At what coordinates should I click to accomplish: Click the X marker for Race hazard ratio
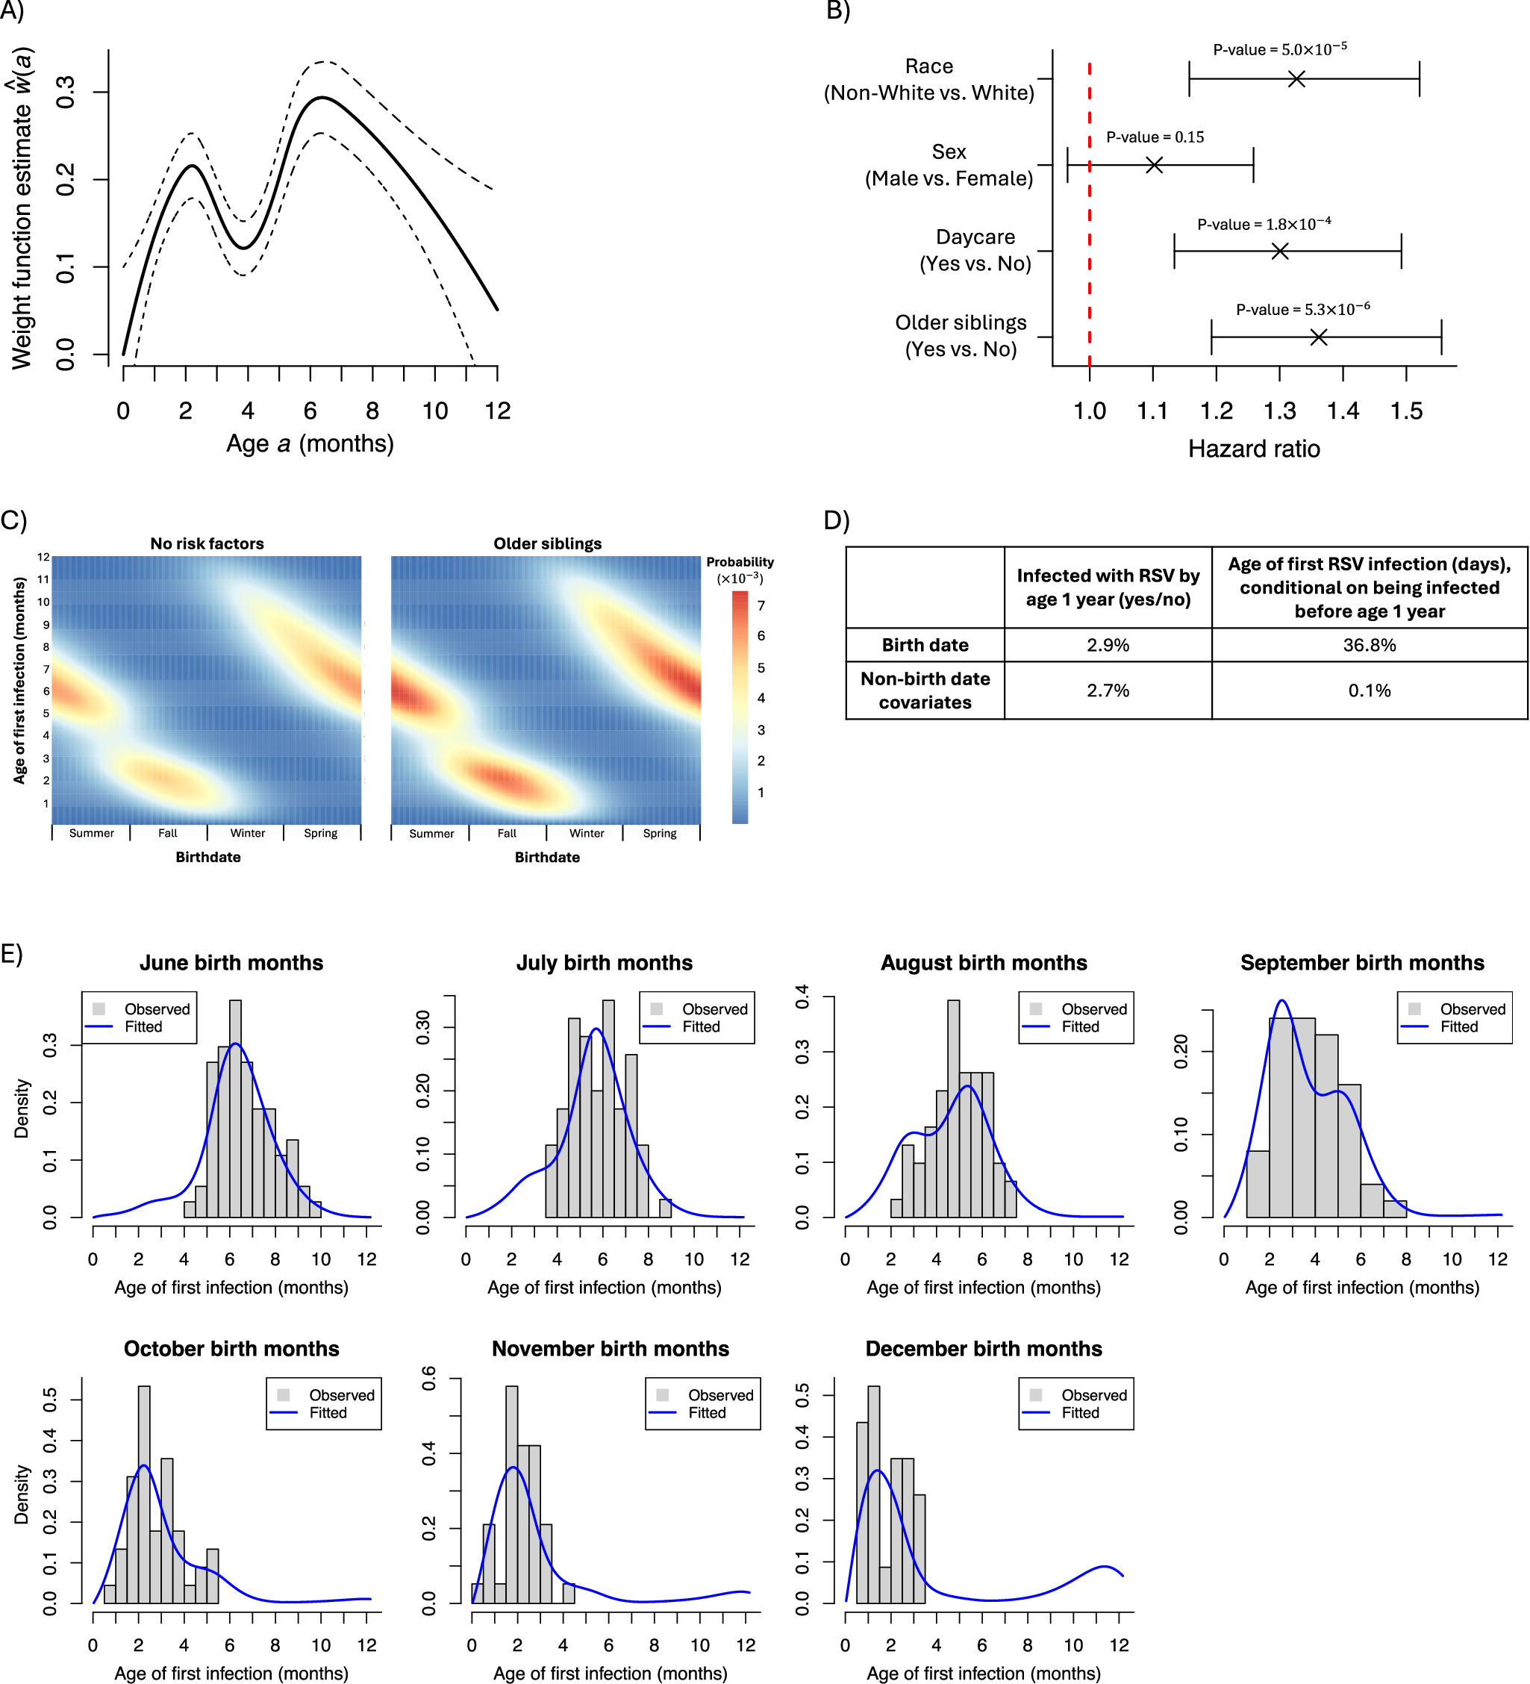click(x=1296, y=79)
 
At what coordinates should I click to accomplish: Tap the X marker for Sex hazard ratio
click(x=1153, y=166)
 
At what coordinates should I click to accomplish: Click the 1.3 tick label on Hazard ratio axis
click(x=1278, y=411)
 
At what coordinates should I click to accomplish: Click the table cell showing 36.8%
click(x=1369, y=645)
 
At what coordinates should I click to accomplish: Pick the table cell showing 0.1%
click(x=1369, y=690)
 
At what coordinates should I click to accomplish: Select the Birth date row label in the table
click(x=925, y=645)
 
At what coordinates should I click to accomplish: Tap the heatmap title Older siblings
click(x=547, y=543)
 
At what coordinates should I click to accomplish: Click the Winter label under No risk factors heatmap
click(x=247, y=833)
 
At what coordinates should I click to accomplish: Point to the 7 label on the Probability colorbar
click(x=761, y=605)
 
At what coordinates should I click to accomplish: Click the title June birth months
click(x=231, y=963)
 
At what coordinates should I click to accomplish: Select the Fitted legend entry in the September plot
click(x=1458, y=1026)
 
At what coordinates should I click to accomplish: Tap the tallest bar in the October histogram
click(x=143, y=1495)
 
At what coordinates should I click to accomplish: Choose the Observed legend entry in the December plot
click(x=1093, y=1395)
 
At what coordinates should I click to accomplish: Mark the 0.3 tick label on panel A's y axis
click(x=65, y=92)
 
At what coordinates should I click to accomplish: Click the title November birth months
click(x=610, y=1349)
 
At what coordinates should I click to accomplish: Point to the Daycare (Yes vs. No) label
click(x=975, y=251)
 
